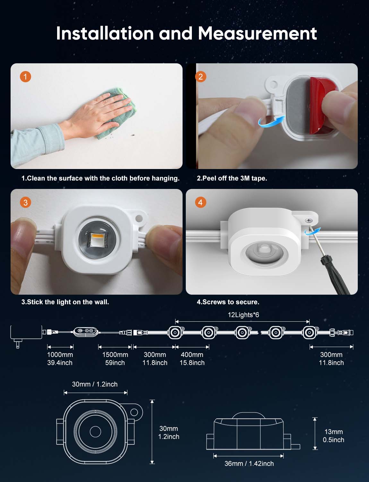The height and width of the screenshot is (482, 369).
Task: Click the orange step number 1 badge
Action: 25,77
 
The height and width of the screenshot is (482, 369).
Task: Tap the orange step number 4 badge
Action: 201,202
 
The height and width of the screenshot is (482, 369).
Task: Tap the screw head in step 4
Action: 309,220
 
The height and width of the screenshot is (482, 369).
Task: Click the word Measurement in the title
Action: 257,33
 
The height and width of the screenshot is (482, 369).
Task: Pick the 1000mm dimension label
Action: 60,354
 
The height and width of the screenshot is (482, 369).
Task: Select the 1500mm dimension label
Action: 115,354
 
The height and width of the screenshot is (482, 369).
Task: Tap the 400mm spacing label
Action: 192,354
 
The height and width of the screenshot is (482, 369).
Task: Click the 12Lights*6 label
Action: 244,315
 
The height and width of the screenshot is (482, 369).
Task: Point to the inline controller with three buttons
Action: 86,332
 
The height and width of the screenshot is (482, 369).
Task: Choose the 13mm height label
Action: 334,432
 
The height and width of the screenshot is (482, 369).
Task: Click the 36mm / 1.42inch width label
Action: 249,464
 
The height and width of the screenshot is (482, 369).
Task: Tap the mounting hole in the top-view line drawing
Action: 134,412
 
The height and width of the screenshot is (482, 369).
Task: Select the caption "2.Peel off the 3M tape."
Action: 232,178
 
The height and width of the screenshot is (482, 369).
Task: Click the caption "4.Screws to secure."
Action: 228,302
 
